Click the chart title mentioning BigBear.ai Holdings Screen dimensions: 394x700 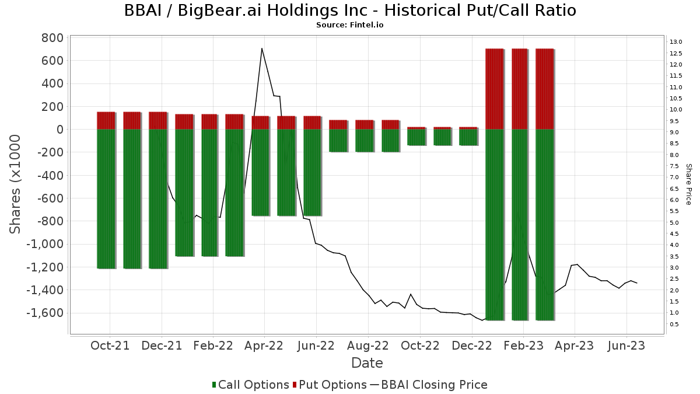[x=350, y=11]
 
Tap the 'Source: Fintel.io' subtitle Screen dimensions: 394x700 [x=350, y=25]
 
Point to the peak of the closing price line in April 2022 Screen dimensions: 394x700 [x=262, y=48]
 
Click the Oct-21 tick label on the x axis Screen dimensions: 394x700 [x=110, y=346]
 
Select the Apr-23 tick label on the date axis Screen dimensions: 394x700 [x=574, y=346]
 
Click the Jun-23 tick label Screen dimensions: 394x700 [x=626, y=346]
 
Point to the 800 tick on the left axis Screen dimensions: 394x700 [x=52, y=38]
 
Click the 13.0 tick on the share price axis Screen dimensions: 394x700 [x=676, y=42]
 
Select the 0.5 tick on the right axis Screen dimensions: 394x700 [x=674, y=325]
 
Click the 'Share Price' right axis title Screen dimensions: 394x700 [x=689, y=184]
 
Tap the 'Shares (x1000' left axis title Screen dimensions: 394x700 [x=16, y=184]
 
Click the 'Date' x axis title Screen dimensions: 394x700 [x=367, y=363]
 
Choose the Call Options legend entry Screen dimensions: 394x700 [x=251, y=385]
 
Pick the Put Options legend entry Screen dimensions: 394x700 [x=330, y=385]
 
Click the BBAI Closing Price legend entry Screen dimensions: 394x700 [x=429, y=385]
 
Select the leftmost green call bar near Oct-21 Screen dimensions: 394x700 [x=106, y=198]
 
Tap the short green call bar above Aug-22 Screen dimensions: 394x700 [x=364, y=140]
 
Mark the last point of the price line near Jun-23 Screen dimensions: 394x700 [x=637, y=283]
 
